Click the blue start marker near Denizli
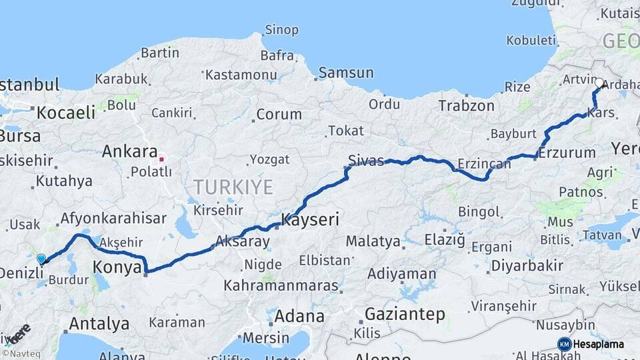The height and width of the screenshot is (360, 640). (x=41, y=259)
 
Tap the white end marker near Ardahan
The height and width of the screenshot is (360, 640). (x=599, y=83)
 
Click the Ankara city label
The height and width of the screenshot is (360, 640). (x=129, y=152)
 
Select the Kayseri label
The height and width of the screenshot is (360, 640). (x=311, y=219)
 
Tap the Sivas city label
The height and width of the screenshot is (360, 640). (x=366, y=160)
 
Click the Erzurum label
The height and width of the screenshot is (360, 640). (x=567, y=153)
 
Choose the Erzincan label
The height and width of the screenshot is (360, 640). (x=484, y=163)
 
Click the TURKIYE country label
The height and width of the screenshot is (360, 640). (x=233, y=187)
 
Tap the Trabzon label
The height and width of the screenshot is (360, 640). (x=466, y=105)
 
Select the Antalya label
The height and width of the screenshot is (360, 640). (x=99, y=324)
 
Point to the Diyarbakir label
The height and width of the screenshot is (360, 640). (x=527, y=265)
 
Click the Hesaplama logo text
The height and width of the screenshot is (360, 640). (x=600, y=344)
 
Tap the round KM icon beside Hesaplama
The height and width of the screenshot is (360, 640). (x=564, y=344)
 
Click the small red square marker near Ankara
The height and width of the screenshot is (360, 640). (x=161, y=160)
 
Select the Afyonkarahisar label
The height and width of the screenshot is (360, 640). (x=113, y=218)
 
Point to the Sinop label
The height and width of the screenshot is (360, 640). (x=281, y=29)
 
